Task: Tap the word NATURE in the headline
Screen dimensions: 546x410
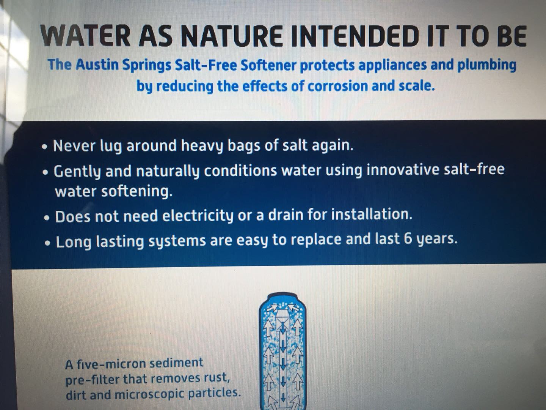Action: pos(232,36)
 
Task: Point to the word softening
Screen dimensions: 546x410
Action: pos(136,191)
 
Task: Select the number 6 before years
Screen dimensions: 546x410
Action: pos(408,240)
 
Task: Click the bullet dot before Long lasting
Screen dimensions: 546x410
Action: pos(47,243)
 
